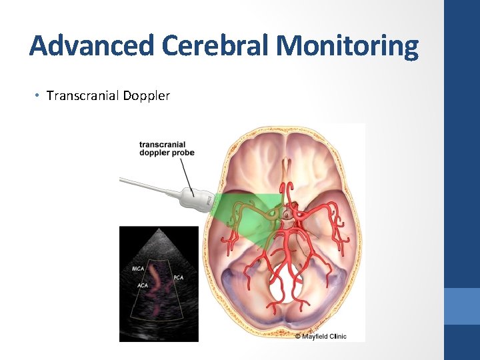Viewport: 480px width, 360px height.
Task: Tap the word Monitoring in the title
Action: coord(347,45)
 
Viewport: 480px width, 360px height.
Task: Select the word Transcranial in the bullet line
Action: coord(82,95)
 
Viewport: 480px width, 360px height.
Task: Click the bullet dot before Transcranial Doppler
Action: coord(37,95)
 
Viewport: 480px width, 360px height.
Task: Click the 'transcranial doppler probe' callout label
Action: coord(167,149)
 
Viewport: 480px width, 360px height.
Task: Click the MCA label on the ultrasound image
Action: coord(139,269)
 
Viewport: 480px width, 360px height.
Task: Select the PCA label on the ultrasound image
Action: coord(179,277)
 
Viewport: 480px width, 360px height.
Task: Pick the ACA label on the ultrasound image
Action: coord(143,285)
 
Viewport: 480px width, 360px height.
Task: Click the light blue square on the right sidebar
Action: coord(462,306)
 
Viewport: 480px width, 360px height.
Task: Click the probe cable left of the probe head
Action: coord(147,185)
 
